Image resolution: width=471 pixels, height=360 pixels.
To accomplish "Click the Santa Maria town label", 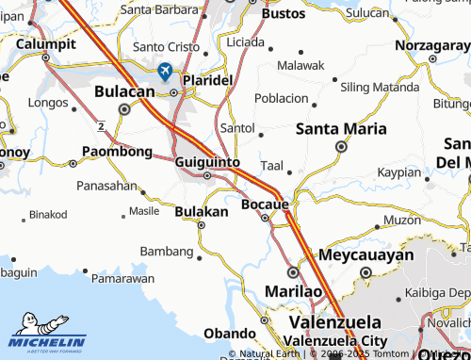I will (x=340, y=129).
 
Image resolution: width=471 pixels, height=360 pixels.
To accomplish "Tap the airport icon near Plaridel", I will (x=165, y=71).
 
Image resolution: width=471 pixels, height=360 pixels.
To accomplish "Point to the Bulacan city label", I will (x=124, y=92).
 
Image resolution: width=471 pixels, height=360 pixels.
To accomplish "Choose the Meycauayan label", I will (x=366, y=255).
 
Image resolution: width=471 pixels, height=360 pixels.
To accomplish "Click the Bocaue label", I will (x=265, y=204).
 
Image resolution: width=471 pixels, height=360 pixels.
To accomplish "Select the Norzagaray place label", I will (x=406, y=44).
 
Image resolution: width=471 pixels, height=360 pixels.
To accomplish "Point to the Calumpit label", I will (x=44, y=43).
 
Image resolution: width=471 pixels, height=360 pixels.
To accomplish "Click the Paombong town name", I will (x=118, y=151).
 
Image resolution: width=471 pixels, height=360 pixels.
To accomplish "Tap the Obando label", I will (x=230, y=334).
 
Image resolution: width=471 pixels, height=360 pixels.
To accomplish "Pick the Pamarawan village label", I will (x=124, y=279).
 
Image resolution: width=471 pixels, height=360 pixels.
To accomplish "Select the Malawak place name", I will (x=300, y=65).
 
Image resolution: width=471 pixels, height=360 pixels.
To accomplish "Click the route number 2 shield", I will (x=100, y=124).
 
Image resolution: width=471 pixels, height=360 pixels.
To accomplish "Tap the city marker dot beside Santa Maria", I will (x=341, y=146).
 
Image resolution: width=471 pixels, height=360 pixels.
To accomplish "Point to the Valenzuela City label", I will (x=335, y=339).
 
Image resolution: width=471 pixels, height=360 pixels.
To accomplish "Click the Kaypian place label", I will (x=398, y=172).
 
